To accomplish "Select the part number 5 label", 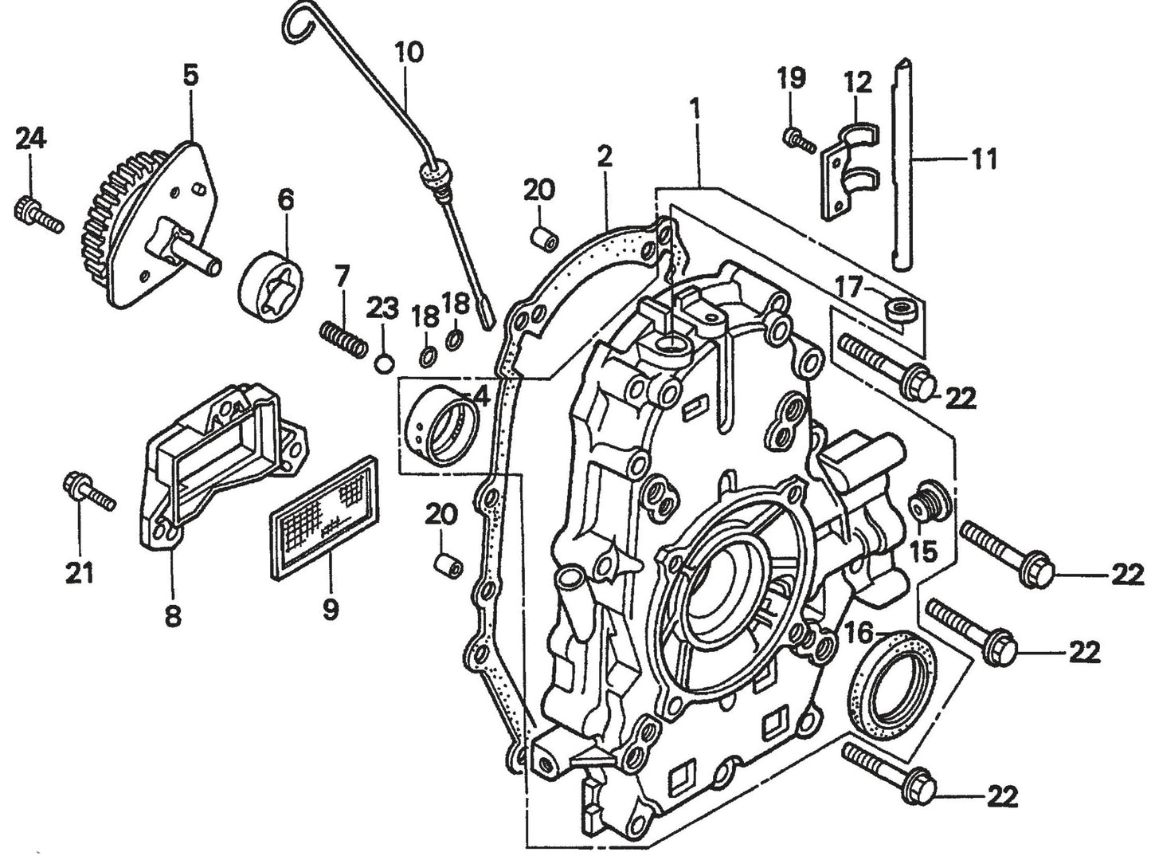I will [x=190, y=76].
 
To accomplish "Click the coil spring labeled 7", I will [x=343, y=337].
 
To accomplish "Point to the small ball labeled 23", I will [x=384, y=363].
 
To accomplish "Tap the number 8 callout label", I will [x=173, y=615].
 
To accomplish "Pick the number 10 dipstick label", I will [x=408, y=53].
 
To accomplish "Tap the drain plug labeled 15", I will [x=926, y=502].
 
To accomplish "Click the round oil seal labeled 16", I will [x=891, y=677].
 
